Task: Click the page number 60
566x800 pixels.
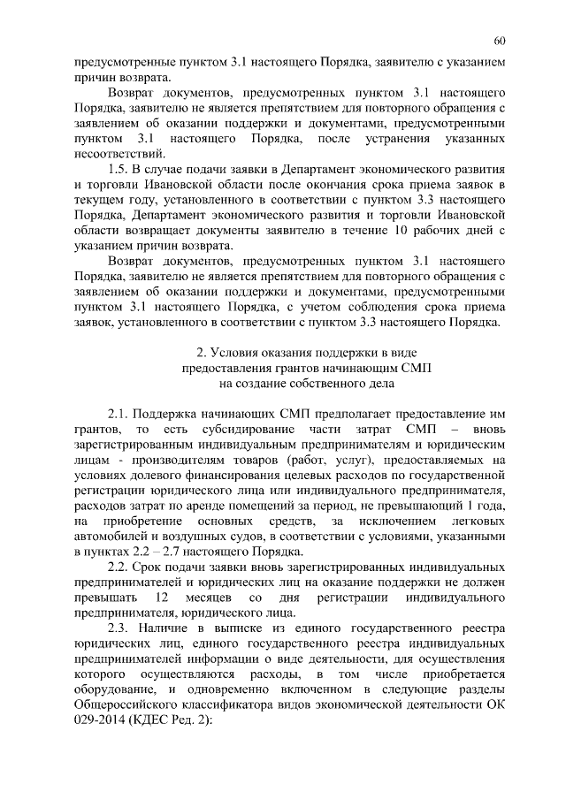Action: click(x=501, y=41)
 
